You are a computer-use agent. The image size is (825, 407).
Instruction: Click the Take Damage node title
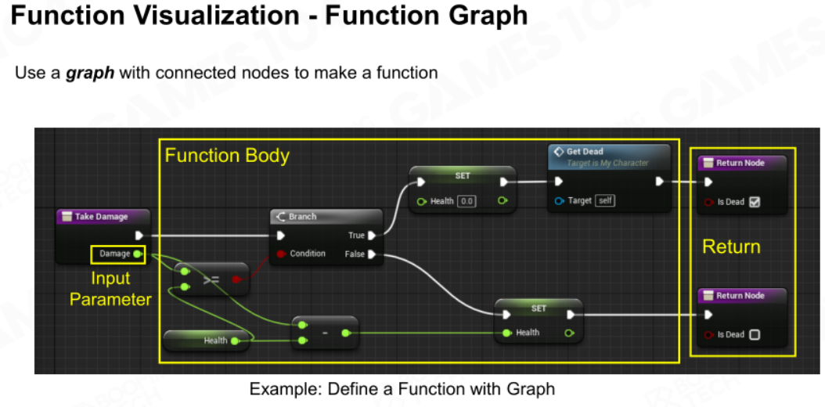click(x=102, y=216)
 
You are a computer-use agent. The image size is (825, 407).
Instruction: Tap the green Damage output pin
click(x=137, y=254)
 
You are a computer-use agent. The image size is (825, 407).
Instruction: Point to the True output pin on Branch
click(x=372, y=235)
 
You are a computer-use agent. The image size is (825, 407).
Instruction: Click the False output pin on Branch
click(x=372, y=254)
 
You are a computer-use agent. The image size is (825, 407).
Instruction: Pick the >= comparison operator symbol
click(x=211, y=279)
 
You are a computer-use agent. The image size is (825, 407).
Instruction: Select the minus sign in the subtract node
click(x=325, y=333)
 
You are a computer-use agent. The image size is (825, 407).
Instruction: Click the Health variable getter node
click(x=206, y=340)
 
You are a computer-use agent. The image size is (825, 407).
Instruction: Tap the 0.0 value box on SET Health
click(x=467, y=201)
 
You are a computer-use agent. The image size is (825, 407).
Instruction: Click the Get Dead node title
click(x=585, y=151)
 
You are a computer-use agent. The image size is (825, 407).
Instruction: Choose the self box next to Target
click(x=605, y=200)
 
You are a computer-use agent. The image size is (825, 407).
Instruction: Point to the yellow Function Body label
click(x=227, y=156)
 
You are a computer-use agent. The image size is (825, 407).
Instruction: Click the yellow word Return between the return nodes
click(x=731, y=247)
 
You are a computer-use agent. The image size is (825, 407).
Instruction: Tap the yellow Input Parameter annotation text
click(x=110, y=290)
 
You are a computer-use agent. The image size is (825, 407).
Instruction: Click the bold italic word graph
click(x=90, y=73)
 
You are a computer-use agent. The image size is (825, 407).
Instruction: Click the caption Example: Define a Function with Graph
click(x=402, y=389)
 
